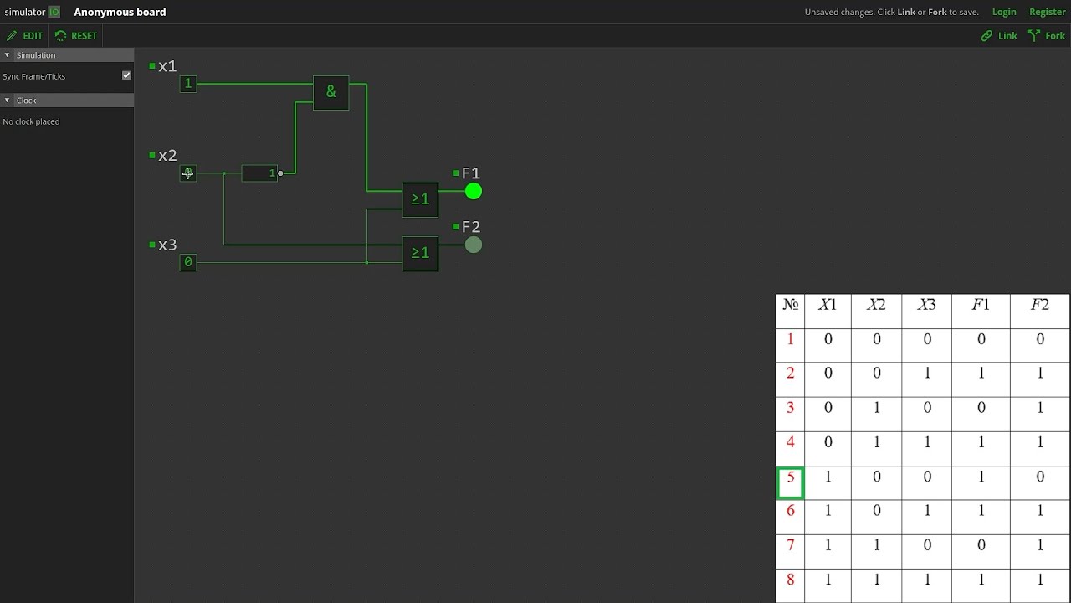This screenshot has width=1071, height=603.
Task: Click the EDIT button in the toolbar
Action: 25,36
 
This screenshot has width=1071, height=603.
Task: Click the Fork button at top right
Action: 1047,36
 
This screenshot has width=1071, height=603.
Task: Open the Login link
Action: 1004,12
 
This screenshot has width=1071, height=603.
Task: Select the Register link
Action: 1047,12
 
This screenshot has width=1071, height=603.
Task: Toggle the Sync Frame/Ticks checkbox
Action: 126,75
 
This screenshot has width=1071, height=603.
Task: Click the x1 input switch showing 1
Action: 188,84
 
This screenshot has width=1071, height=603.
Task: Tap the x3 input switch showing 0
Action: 188,262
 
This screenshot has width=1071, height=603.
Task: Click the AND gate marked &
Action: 331,92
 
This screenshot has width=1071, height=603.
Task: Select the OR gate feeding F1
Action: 420,199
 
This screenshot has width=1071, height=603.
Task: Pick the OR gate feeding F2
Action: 420,253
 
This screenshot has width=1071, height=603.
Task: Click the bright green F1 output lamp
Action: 474,192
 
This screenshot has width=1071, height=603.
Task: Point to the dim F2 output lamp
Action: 474,245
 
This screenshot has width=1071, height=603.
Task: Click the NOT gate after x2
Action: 259,173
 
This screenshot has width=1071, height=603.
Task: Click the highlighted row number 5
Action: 790,482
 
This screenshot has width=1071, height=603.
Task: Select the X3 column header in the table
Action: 926,305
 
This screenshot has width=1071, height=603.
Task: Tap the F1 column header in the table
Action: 980,305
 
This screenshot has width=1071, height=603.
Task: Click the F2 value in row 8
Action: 1040,580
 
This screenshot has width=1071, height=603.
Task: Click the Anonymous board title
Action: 120,12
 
